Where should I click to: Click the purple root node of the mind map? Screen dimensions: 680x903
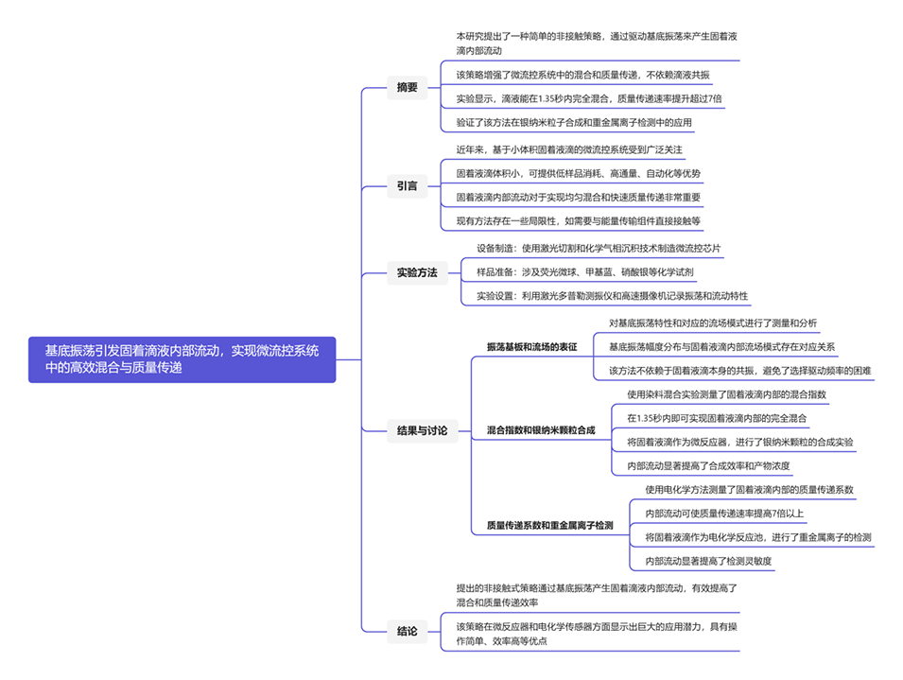182,359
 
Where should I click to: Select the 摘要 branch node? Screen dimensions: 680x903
407,88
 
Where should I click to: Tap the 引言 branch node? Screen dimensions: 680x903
407,185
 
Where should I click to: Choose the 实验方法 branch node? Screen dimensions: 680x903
417,272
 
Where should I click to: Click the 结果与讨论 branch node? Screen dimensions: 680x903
422,430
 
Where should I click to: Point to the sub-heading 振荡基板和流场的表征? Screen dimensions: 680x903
531,347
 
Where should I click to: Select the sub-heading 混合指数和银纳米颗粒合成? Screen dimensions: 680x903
541,430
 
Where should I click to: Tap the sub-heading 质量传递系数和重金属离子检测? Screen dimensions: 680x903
549,525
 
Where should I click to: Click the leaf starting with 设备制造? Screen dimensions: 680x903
598,249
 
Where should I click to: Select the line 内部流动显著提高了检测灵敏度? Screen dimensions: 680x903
707,561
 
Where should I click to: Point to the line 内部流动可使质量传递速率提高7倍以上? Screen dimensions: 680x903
724,514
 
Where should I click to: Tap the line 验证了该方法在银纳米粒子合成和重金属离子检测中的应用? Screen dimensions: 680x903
574,122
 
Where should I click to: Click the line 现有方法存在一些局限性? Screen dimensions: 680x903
578,221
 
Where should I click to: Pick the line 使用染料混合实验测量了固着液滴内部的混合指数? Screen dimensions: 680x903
726,394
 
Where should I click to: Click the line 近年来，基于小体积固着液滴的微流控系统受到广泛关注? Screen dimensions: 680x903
568,150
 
